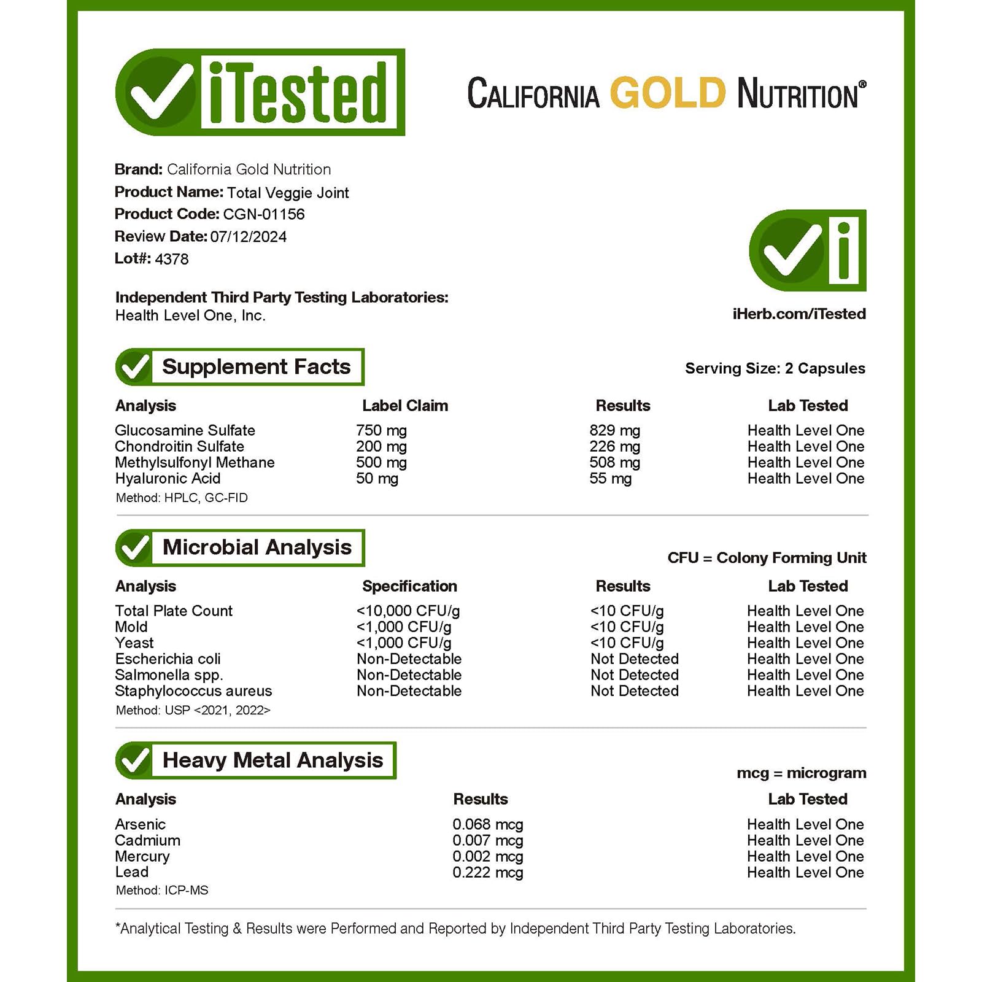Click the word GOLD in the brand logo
coord(667,93)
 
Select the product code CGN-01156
coord(264,214)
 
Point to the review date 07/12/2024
coord(248,237)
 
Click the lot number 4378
coord(172,259)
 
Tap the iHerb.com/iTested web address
coord(798,314)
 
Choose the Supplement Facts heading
coord(256,367)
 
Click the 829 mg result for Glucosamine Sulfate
coord(614,430)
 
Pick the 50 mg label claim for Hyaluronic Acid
coord(377,478)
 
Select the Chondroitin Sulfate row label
coord(179,446)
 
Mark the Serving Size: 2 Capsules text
coord(775,368)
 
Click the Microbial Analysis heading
coord(257,547)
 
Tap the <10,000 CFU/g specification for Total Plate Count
coord(408,611)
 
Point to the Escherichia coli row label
coord(168,659)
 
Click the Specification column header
coord(409,586)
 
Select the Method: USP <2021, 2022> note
coord(193,710)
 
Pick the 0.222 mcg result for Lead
coord(487,872)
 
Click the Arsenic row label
coord(140,824)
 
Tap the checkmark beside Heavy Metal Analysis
coord(134,760)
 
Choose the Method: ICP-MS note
coord(162,890)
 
